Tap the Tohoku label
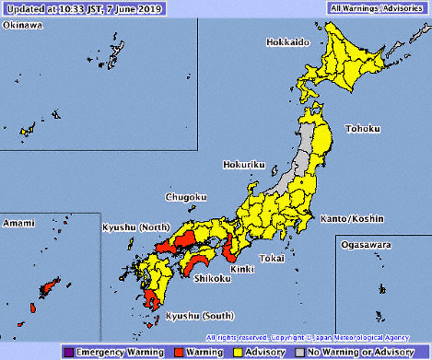coord(363,129)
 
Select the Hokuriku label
coord(243,166)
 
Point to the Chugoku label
coord(160,197)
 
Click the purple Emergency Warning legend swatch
coord(69,351)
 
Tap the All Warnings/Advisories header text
coord(377,7)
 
